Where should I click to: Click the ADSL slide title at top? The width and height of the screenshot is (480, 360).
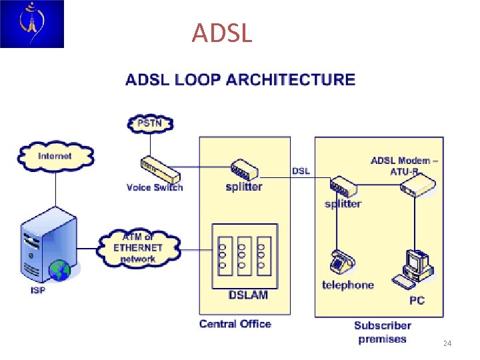pos(222,33)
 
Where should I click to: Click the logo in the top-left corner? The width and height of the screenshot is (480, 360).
pos(32,24)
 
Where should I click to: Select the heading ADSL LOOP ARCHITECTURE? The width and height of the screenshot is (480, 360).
pos(240,80)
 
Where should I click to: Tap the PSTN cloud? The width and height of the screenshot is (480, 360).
pos(149,123)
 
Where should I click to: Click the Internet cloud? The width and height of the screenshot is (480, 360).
pos(55,156)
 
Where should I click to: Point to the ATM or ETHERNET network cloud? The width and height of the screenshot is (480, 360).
pos(138,247)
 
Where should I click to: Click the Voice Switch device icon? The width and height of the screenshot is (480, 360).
pos(160,170)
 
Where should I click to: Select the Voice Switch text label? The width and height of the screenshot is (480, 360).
pos(155,187)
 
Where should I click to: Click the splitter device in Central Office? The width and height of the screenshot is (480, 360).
pos(244,170)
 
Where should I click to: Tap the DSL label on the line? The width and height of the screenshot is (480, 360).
pos(301,171)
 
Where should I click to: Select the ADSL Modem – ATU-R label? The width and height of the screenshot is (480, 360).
pos(404,165)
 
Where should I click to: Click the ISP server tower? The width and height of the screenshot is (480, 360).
pos(45,247)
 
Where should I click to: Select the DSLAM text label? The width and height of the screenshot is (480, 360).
pos(249,295)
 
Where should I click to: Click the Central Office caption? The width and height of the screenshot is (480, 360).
pos(235,324)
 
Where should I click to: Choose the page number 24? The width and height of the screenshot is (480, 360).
pos(447,343)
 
